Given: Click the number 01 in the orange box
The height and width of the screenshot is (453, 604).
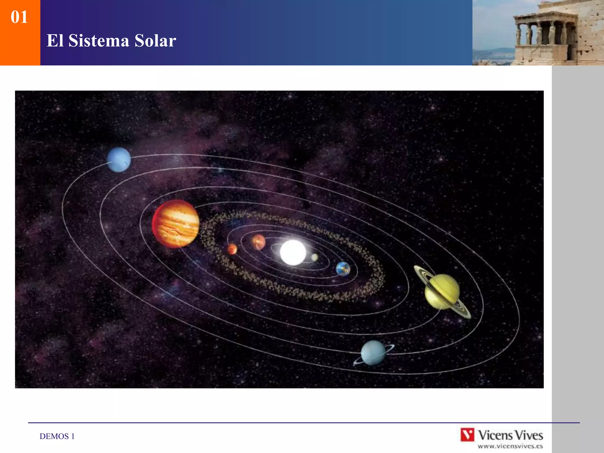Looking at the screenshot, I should (x=19, y=17).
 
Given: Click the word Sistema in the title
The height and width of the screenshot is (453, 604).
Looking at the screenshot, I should (x=99, y=41).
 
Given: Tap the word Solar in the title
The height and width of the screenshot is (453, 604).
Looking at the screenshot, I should (x=155, y=41).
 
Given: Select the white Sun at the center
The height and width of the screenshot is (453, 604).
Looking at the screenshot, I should (x=293, y=252).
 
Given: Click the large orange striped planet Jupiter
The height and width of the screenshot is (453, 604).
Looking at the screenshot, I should (x=176, y=224).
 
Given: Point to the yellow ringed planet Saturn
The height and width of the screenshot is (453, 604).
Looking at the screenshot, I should (x=442, y=291).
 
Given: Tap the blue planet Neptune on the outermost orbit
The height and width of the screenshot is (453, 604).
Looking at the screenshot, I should (x=119, y=160).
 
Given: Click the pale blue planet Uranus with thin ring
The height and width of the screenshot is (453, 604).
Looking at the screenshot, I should (x=373, y=353).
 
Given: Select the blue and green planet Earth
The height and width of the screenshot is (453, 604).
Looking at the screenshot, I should (x=343, y=269).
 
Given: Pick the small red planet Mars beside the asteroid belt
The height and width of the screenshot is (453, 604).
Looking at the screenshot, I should (x=232, y=249).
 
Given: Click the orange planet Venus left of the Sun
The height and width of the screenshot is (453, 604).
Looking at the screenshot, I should (x=258, y=242).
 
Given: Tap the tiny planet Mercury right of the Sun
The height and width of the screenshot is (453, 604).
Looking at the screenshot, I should (x=315, y=257).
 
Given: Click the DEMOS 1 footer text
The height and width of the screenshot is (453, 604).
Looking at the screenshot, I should (x=57, y=436).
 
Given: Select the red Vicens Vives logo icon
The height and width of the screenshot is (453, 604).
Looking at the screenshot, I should (x=467, y=435).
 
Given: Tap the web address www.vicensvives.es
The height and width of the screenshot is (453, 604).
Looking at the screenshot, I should (x=510, y=446).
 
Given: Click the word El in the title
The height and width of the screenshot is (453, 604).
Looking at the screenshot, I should (x=55, y=41).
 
